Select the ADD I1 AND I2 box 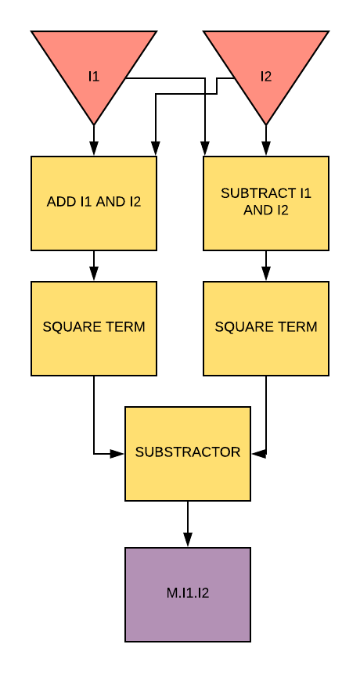click(94, 203)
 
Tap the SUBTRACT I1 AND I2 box click(266, 203)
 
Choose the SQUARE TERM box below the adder click(94, 329)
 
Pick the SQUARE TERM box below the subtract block click(266, 329)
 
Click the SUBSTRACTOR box click(188, 454)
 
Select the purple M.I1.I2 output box click(188, 595)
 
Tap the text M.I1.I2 click(188, 593)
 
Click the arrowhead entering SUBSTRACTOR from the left click(117, 454)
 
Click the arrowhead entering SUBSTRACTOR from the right click(259, 454)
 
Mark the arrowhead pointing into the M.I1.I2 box click(188, 540)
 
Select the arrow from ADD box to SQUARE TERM click(94, 266)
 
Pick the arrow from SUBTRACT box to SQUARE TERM click(266, 266)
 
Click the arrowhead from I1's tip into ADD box click(94, 149)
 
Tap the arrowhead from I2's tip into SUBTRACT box click(266, 149)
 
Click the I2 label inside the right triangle click(266, 77)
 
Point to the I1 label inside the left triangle click(94, 77)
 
